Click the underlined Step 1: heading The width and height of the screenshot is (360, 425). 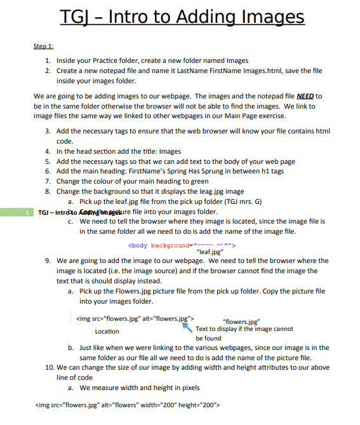pyautogui.click(x=43, y=46)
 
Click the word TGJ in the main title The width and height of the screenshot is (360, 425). pyautogui.click(x=77, y=17)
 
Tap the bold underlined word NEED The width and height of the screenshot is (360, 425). pyautogui.click(x=305, y=96)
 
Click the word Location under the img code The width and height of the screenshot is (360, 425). pyautogui.click(x=107, y=331)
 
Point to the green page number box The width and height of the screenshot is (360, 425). pyautogui.click(x=23, y=212)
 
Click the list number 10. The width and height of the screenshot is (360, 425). pyautogui.click(x=50, y=367)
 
